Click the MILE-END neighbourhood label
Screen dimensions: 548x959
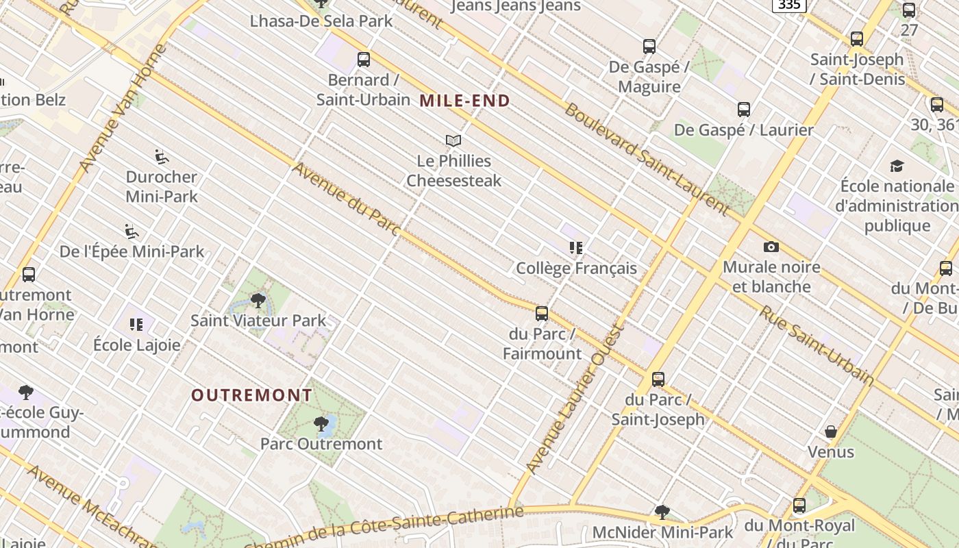coord(465,101)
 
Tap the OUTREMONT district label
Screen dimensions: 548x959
coord(251,395)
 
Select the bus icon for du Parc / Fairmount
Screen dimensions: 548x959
coord(542,314)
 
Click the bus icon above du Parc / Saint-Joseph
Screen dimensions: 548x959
coord(658,379)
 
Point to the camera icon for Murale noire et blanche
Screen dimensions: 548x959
coord(771,247)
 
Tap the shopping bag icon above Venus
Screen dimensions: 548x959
coord(831,432)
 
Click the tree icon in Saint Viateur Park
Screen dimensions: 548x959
coord(258,300)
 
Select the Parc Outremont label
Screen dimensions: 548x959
coord(321,444)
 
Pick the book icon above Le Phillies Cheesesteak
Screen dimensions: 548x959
coord(453,140)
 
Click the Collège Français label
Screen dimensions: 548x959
coord(576,269)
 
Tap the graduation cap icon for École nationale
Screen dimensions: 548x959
coord(897,166)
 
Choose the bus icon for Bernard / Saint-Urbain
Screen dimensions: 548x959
coord(364,60)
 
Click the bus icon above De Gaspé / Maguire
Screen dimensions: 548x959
coord(649,47)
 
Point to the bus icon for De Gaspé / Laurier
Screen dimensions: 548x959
coord(744,110)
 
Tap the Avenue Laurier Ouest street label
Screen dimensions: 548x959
coord(575,399)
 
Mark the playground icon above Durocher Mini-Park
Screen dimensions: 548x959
coord(162,157)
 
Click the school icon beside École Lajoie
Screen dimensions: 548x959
coord(136,324)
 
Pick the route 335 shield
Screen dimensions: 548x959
coord(789,5)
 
